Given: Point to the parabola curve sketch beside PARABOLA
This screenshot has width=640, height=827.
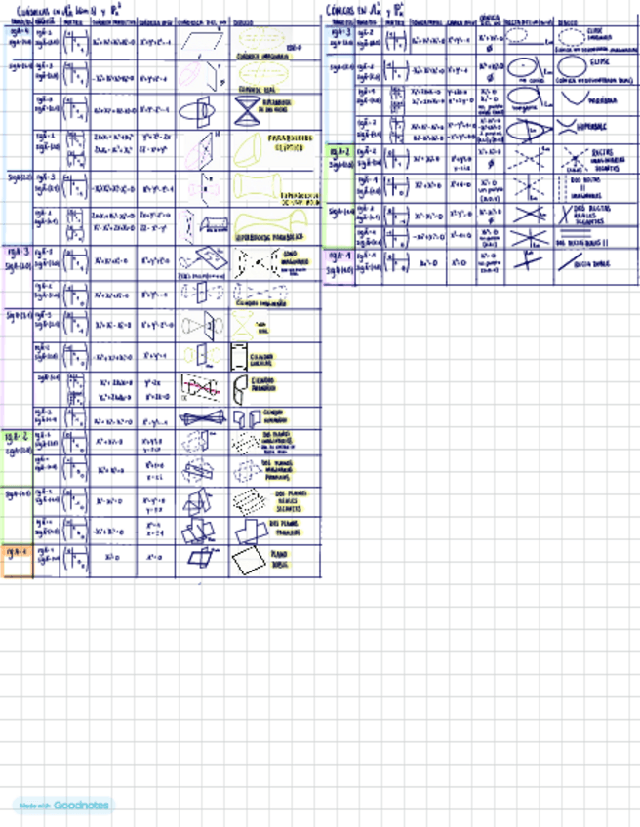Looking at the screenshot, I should point(567,98).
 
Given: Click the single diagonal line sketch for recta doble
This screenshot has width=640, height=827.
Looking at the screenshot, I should point(567,262).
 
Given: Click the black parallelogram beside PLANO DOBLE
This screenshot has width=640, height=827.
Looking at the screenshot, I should point(247,561).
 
